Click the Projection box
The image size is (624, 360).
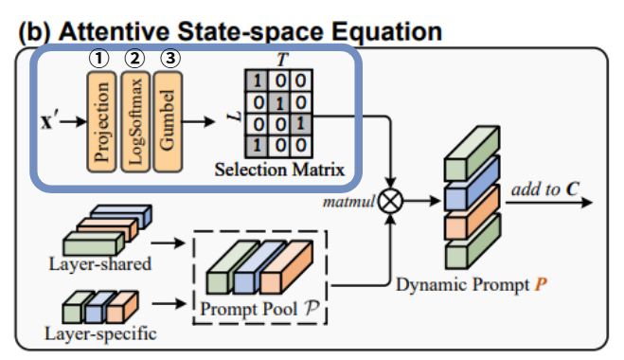[x=101, y=122]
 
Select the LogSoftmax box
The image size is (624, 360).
[x=135, y=122]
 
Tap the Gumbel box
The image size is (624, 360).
[x=168, y=122]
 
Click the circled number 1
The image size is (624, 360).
[x=98, y=59]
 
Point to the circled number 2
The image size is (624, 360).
[x=134, y=59]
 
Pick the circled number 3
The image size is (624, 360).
[x=169, y=59]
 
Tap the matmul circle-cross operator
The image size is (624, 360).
[x=390, y=201]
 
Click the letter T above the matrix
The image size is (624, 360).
[x=282, y=60]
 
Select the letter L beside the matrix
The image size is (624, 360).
[x=235, y=117]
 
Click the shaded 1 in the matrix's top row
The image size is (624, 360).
[x=257, y=81]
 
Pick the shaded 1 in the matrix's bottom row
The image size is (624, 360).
[x=257, y=146]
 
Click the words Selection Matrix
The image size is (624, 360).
[x=279, y=170]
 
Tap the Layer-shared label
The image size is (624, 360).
[x=99, y=264]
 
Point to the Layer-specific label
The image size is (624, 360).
[x=100, y=333]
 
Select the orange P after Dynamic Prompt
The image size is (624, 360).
[x=541, y=284]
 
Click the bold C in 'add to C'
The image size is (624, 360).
[x=573, y=189]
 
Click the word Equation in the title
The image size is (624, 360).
[x=387, y=32]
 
